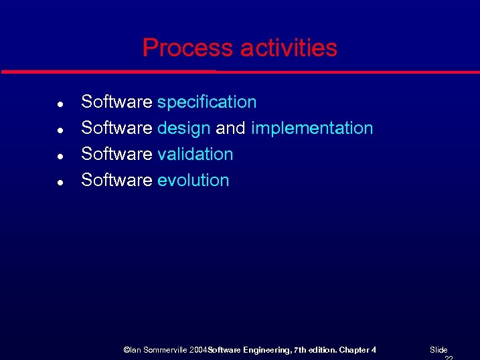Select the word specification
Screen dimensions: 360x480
(x=207, y=102)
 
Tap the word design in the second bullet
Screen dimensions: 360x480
(x=184, y=128)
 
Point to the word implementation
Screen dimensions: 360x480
(x=312, y=128)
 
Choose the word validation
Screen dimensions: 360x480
(x=195, y=155)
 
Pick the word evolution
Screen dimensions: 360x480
(x=193, y=181)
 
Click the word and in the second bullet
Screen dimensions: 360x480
(x=231, y=128)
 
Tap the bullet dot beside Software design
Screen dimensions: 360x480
(x=60, y=130)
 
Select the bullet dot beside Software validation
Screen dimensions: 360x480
(x=60, y=156)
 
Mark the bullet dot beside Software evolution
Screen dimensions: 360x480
(x=60, y=182)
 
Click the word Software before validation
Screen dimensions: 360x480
(x=116, y=155)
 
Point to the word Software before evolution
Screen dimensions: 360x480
(x=116, y=181)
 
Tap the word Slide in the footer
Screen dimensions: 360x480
(x=438, y=350)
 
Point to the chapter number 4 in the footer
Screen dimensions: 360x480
(x=374, y=350)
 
